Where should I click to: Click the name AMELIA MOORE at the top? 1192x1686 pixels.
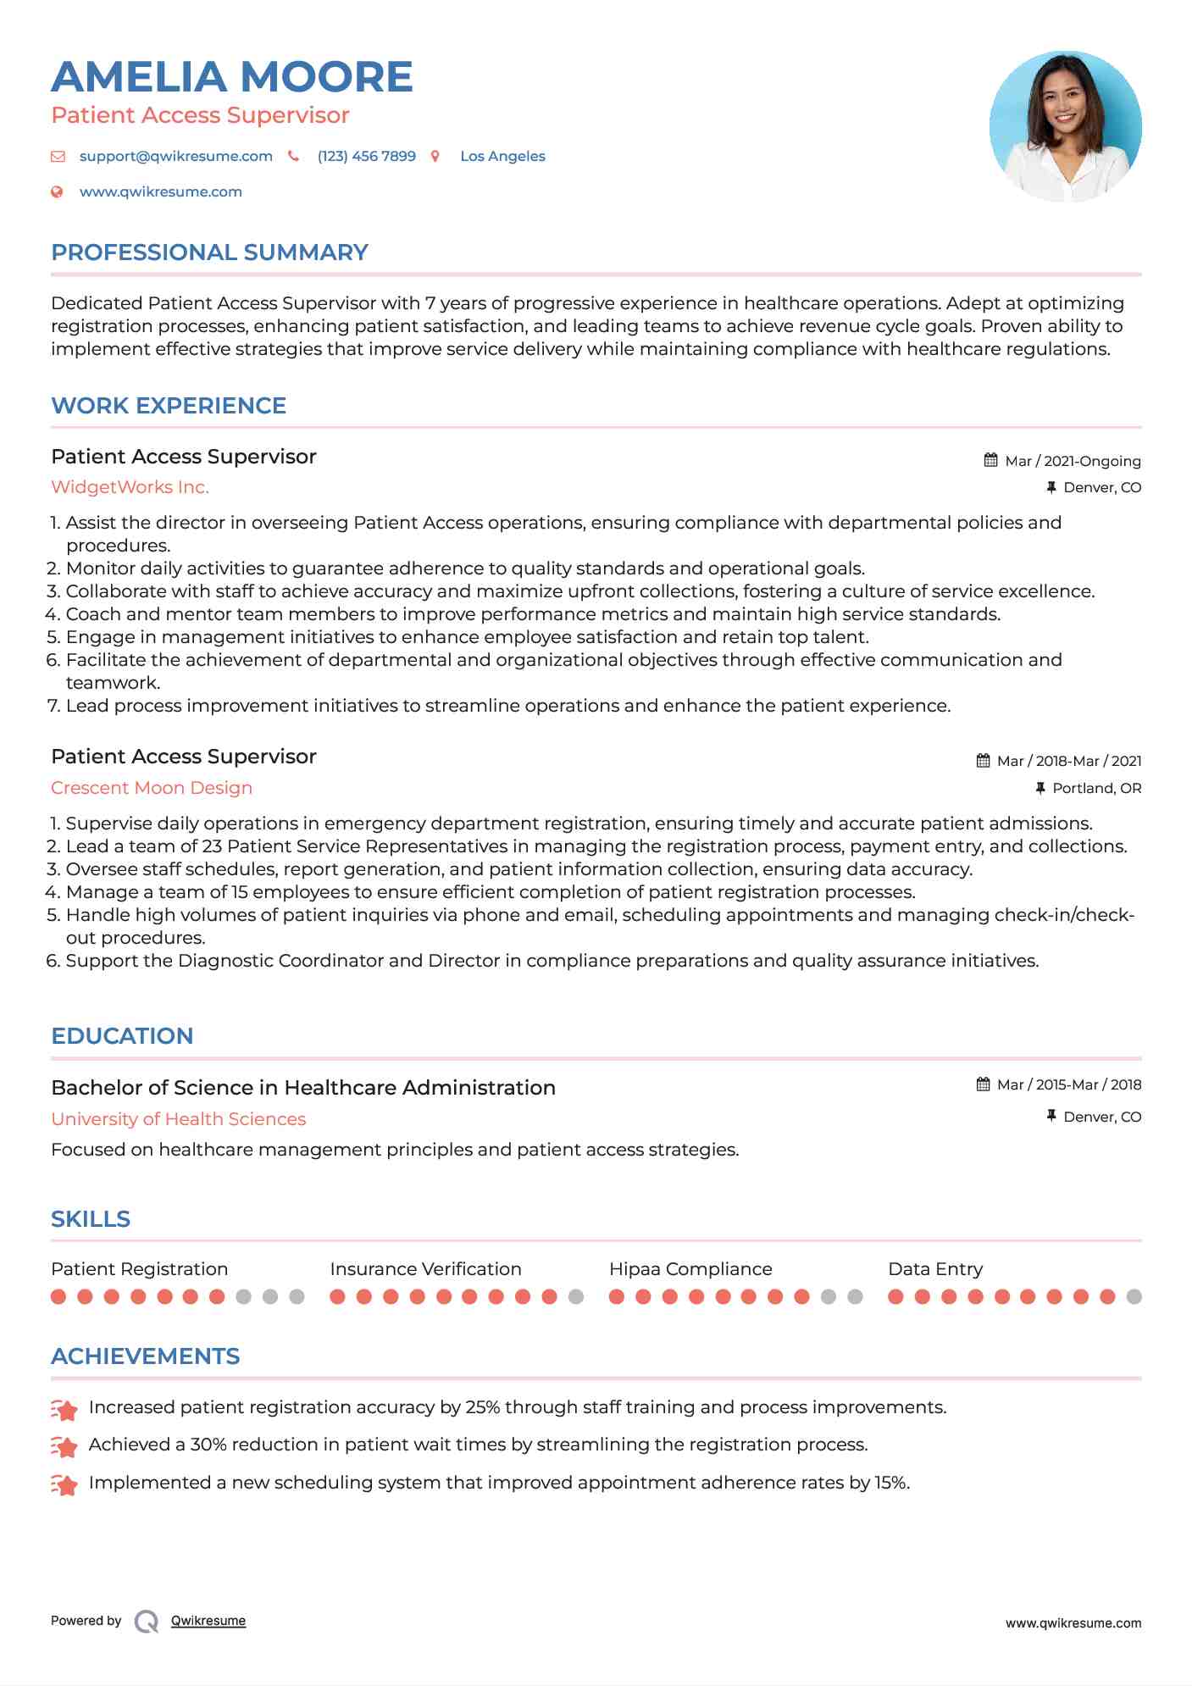[x=231, y=77]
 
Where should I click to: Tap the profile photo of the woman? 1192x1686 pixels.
[x=1065, y=127]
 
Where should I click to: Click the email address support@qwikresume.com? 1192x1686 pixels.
[x=175, y=157]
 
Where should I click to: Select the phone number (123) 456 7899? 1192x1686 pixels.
[x=366, y=157]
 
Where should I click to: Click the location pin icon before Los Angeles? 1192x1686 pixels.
[x=435, y=157]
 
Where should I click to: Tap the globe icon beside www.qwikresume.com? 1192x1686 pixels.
[x=58, y=192]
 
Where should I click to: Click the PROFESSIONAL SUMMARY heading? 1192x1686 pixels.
[x=209, y=252]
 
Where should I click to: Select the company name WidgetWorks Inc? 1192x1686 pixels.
[x=130, y=487]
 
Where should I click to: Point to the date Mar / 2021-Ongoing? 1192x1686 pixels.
[x=1073, y=461]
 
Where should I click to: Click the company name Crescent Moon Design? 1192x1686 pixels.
[x=152, y=788]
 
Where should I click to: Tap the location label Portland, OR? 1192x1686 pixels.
[x=1096, y=789]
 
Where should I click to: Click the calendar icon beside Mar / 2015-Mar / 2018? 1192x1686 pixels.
[x=983, y=1084]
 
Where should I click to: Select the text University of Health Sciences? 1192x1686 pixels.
[x=178, y=1119]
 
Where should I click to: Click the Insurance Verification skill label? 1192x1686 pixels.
[x=425, y=1269]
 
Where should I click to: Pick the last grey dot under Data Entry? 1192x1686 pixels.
[x=1134, y=1296]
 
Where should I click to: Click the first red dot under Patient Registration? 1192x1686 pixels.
[x=58, y=1296]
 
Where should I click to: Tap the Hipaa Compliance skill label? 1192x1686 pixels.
[x=690, y=1269]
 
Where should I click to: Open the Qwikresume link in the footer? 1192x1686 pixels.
[x=208, y=1621]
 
